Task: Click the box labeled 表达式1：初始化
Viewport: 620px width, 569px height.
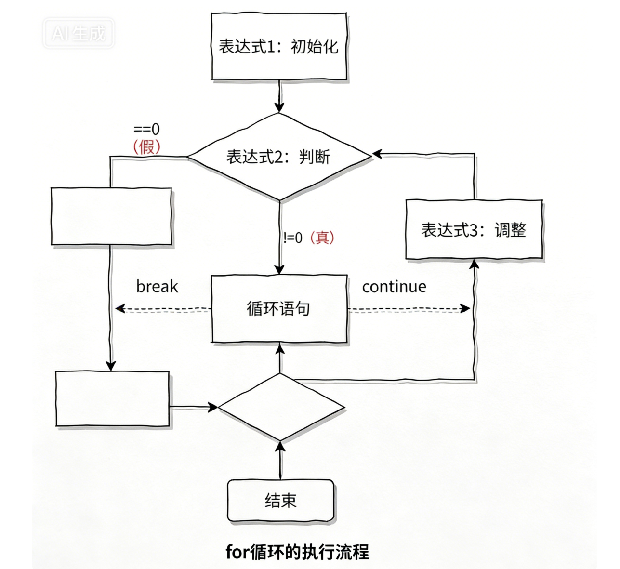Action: pyautogui.click(x=279, y=46)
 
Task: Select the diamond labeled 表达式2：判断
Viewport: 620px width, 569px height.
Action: pyautogui.click(x=279, y=157)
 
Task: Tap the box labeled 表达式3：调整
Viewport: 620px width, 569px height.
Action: pyautogui.click(x=474, y=230)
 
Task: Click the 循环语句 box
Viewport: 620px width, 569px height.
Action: pyautogui.click(x=279, y=308)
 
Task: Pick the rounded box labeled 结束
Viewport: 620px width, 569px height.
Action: pyautogui.click(x=280, y=501)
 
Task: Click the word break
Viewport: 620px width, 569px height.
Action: pyautogui.click(x=157, y=287)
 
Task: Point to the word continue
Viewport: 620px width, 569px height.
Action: pyautogui.click(x=394, y=287)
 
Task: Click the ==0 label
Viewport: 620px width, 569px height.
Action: pyautogui.click(x=146, y=129)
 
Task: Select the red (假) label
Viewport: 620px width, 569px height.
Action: pyautogui.click(x=146, y=146)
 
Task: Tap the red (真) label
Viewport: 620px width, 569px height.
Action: pyautogui.click(x=322, y=238)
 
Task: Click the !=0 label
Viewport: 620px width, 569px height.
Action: pyautogui.click(x=293, y=238)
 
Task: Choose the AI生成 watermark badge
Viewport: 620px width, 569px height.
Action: pyautogui.click(x=79, y=33)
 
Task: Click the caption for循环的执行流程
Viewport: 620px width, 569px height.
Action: pyautogui.click(x=297, y=552)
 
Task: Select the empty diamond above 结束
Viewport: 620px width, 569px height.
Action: pyautogui.click(x=281, y=407)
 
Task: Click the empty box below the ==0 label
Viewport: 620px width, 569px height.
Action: pyautogui.click(x=111, y=216)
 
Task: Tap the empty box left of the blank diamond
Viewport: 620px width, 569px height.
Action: pyautogui.click(x=113, y=398)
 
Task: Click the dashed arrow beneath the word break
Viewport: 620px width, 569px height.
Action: pyautogui.click(x=164, y=309)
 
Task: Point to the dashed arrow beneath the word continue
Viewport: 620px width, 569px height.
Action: pyautogui.click(x=409, y=309)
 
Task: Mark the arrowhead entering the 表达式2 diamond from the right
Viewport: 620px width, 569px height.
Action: pyautogui.click(x=377, y=154)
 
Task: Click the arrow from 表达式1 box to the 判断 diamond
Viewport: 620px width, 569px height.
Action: pyautogui.click(x=279, y=96)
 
